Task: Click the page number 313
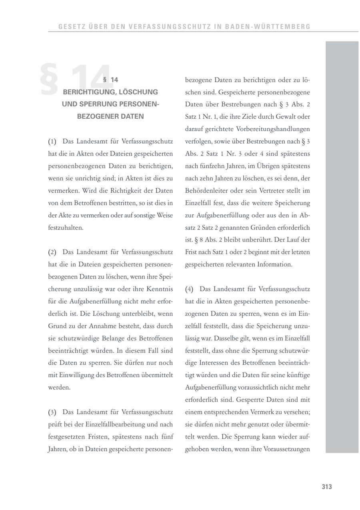click(327, 487)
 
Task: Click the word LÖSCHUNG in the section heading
click(138, 92)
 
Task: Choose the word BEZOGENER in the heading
click(95, 116)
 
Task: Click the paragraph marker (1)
click(52, 141)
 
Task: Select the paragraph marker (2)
click(52, 252)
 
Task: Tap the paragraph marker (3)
click(52, 412)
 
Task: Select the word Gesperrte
click(250, 400)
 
